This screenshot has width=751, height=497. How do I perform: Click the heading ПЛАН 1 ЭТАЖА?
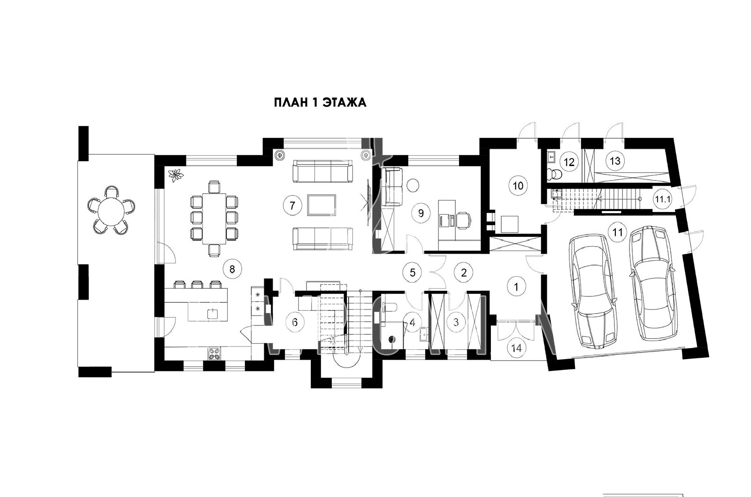point(320,103)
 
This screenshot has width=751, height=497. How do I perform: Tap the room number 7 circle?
point(292,205)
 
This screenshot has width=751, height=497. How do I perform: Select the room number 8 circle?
point(232,269)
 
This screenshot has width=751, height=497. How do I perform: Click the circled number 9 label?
point(421,213)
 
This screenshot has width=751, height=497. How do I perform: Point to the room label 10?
point(518,186)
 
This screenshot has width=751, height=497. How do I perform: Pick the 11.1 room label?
point(663,199)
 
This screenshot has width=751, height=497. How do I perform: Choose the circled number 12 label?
point(569,162)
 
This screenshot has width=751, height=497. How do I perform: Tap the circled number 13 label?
point(615,161)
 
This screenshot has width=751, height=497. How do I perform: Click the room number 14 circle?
point(517,348)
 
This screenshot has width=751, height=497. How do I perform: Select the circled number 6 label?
point(295,323)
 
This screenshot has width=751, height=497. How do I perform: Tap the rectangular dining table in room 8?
point(214,218)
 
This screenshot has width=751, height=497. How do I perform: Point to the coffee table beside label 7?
point(322,204)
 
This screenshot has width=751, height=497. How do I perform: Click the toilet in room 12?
point(554,174)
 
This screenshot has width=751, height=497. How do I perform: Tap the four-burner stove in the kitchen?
point(215,354)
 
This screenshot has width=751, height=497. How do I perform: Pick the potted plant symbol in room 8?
point(176,175)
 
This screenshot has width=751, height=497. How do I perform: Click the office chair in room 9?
point(464,220)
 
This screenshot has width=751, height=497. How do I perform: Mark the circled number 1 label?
point(516,286)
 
